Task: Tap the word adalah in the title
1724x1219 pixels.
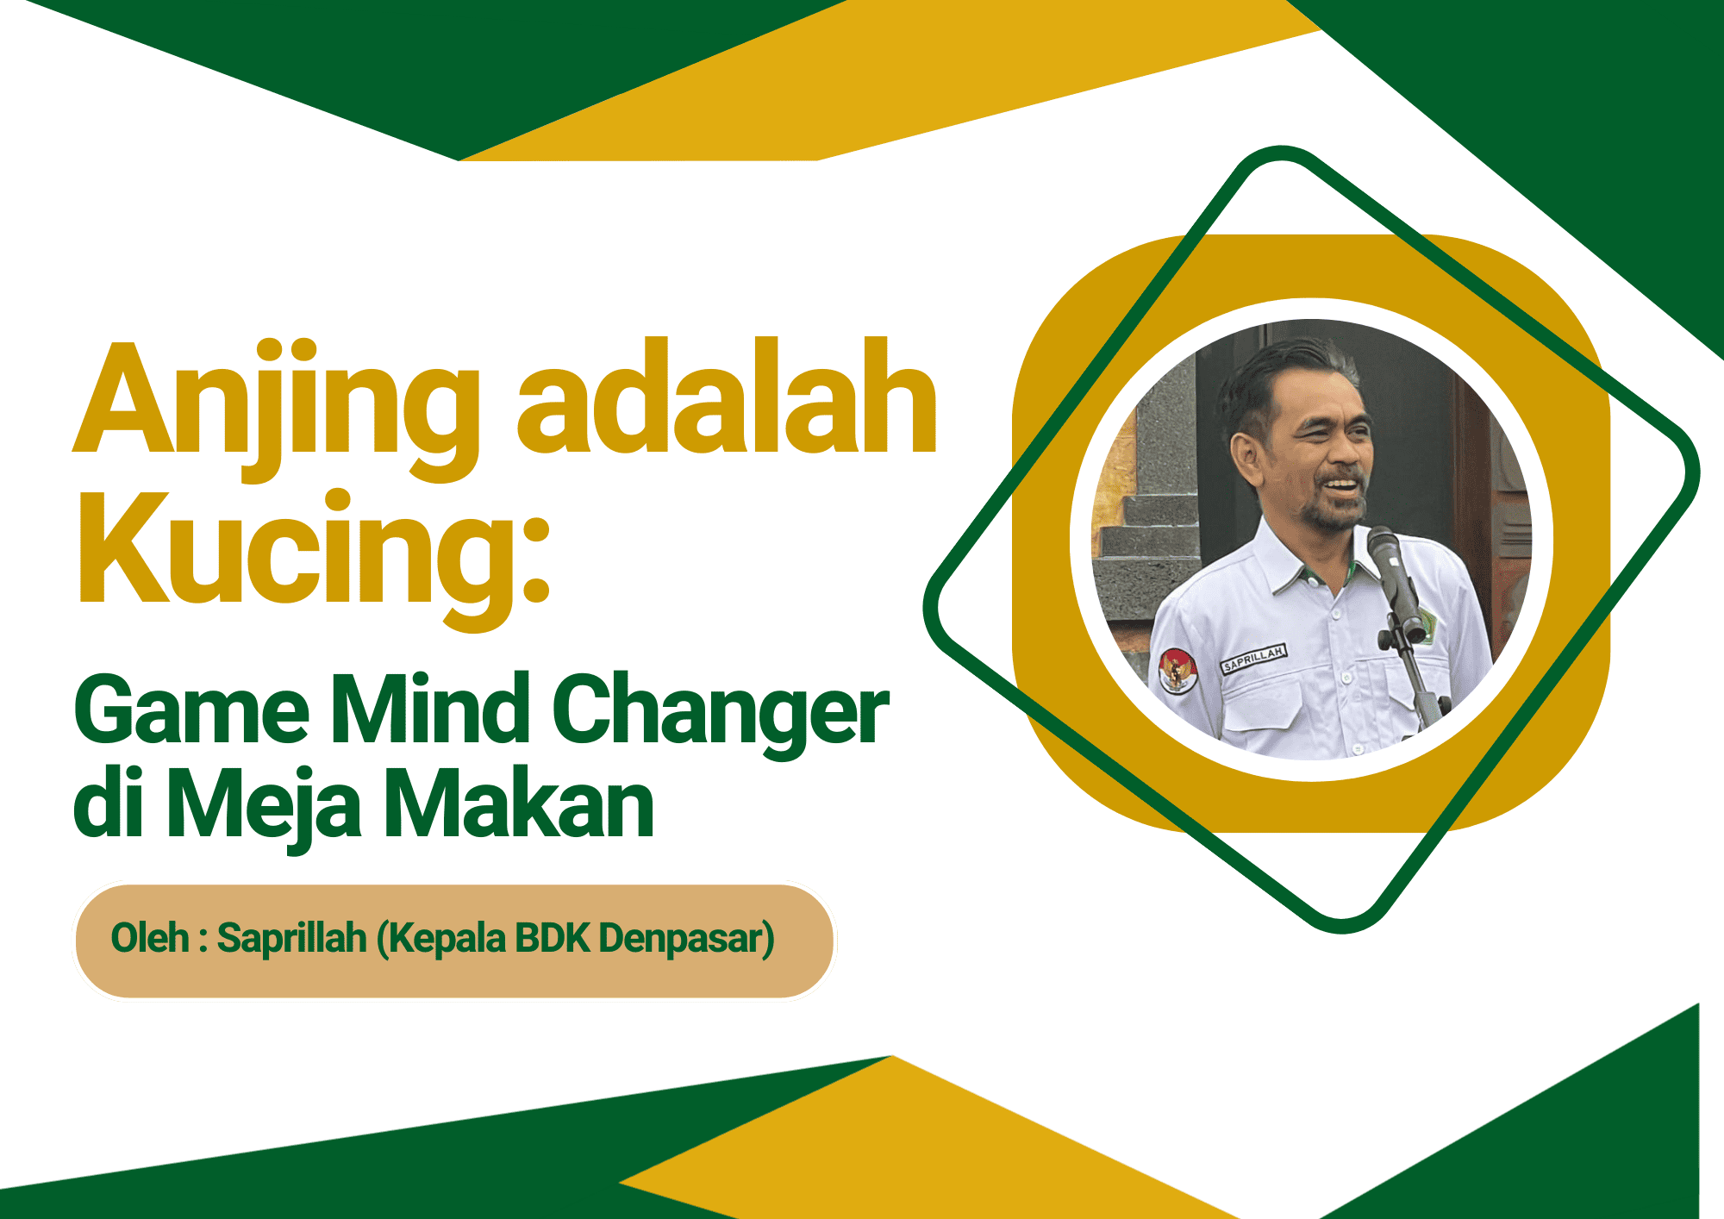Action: [x=726, y=398]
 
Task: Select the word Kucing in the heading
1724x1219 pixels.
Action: [x=293, y=552]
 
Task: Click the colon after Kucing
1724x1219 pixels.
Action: [x=536, y=560]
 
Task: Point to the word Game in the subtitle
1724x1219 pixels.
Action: [x=191, y=712]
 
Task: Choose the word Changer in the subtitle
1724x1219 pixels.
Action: [x=721, y=712]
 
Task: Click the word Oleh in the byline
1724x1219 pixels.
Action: [x=149, y=939]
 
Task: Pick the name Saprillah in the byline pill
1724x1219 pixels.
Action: [x=291, y=939]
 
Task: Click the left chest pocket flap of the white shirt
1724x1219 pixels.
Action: [x=1264, y=695]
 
